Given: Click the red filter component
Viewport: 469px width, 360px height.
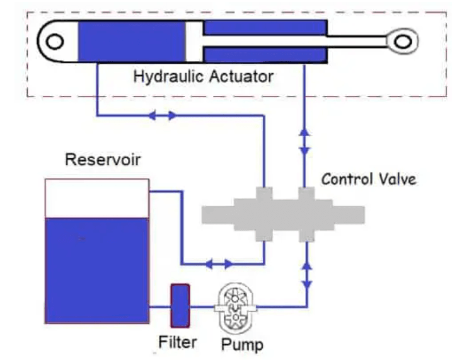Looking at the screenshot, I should point(180,306).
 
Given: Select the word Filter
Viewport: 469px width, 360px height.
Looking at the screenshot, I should point(177,342).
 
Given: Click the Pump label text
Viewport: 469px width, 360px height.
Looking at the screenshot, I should point(242,344).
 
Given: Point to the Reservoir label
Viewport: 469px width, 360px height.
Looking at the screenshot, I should point(102,159).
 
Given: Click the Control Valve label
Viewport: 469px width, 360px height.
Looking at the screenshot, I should point(369,178).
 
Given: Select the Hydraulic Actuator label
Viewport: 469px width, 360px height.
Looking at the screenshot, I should point(203,77).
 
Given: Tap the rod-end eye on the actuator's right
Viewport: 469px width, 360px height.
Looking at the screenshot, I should point(400,41).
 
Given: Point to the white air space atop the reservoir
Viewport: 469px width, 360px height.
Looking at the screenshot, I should point(96,198).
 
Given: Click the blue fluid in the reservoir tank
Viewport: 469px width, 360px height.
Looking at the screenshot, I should point(96,271).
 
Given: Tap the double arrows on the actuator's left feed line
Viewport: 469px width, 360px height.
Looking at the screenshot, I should point(161,115).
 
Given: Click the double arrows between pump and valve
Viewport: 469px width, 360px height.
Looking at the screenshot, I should point(306,272).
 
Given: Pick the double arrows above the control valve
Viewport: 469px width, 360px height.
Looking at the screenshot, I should point(305,142).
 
